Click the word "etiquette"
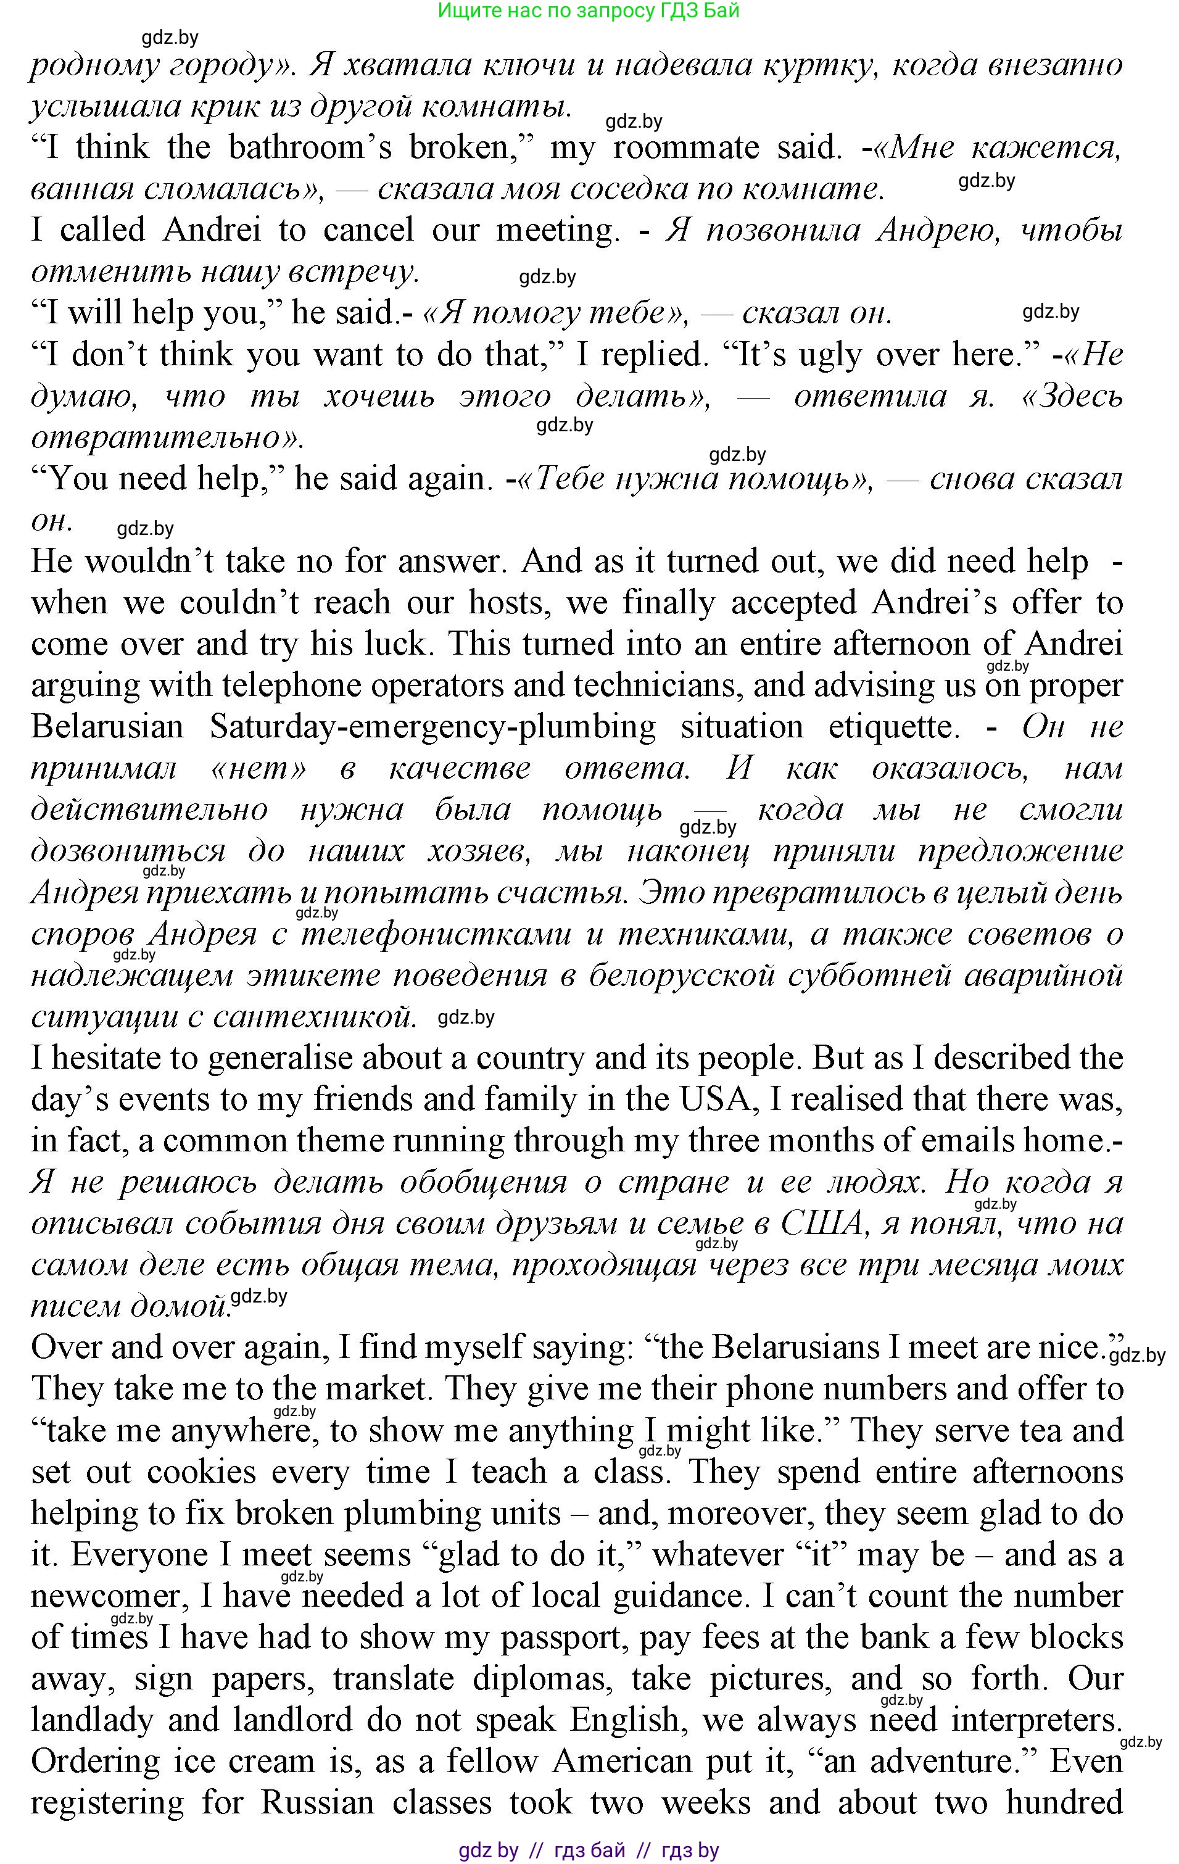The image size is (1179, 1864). [890, 727]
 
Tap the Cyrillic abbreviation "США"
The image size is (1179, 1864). [821, 1224]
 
